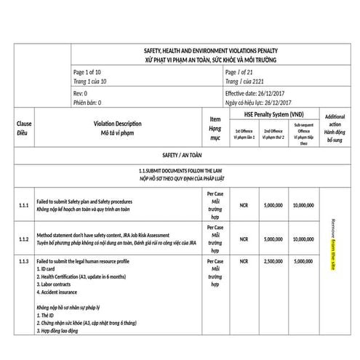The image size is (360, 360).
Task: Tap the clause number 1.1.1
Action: [23, 207]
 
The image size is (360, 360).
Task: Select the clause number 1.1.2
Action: [23, 239]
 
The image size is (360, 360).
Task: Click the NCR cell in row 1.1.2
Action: [244, 239]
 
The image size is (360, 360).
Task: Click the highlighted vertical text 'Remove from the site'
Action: [334, 244]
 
